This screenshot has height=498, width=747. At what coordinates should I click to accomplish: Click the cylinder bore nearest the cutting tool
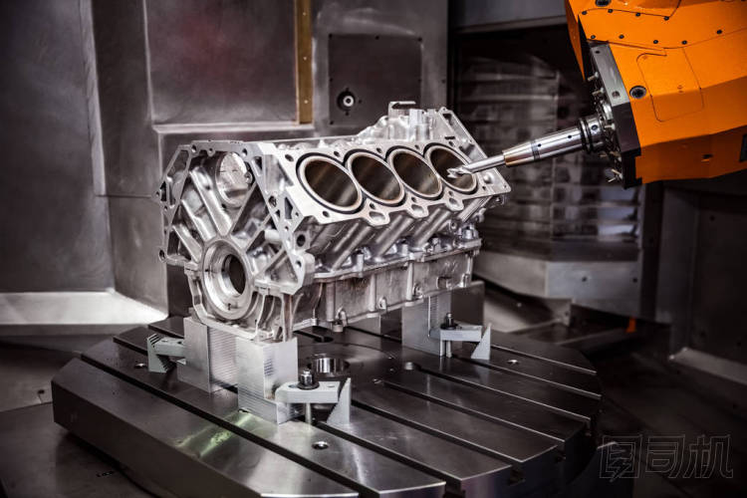click(450, 167)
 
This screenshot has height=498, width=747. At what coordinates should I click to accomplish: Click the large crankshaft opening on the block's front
click(231, 277)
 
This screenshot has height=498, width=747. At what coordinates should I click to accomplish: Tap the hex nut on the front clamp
click(307, 377)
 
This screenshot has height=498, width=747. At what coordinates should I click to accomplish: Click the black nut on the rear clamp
click(448, 321)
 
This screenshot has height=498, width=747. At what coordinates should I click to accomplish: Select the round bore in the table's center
click(329, 365)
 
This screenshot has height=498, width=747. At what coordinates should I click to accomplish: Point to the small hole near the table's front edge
click(320, 445)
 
